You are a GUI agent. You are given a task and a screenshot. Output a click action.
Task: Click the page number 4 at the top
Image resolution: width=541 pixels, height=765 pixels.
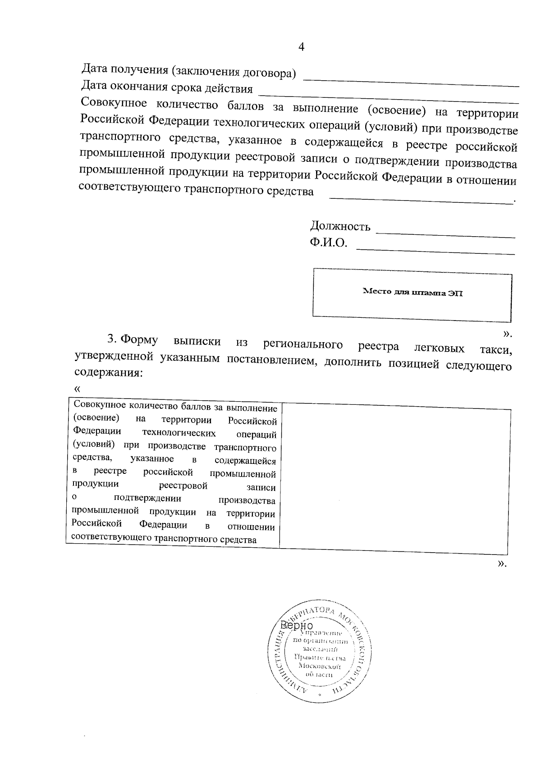[302, 47]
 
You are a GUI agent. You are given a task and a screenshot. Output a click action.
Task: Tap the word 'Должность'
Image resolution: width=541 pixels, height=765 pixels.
[340, 226]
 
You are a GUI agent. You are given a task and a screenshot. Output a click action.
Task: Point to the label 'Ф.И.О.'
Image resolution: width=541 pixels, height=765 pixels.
[328, 243]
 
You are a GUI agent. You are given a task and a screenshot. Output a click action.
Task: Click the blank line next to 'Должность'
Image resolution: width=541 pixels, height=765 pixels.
[445, 235]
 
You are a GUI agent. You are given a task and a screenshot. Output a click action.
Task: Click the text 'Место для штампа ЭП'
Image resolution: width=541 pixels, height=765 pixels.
[413, 293]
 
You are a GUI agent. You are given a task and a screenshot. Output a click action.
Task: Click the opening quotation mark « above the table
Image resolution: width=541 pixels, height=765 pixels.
[78, 389]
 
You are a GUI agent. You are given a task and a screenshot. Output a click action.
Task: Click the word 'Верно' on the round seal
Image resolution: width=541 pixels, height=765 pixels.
[296, 626]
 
